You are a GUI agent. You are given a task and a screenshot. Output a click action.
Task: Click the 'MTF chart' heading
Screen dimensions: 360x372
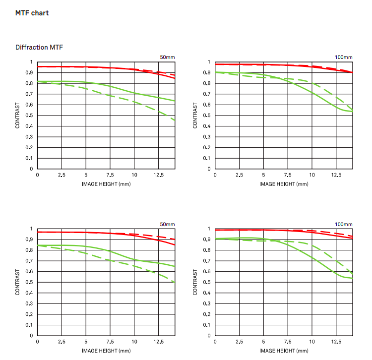32,13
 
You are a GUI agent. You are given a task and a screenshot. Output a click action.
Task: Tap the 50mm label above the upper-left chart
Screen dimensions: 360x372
168,58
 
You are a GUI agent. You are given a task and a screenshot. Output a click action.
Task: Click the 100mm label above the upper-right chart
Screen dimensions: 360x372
344,58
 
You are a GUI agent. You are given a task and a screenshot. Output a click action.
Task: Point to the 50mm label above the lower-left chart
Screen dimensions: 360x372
168,225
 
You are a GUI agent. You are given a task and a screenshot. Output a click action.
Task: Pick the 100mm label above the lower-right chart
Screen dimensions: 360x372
344,225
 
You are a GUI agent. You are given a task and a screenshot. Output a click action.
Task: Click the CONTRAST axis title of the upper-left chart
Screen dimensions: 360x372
18,116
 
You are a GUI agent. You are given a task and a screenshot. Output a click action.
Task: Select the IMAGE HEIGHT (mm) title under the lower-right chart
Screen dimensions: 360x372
284,351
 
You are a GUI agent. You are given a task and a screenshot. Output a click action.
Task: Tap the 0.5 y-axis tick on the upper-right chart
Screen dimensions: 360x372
209,116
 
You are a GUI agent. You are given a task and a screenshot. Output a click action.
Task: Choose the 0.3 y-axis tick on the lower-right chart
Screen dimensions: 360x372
209,303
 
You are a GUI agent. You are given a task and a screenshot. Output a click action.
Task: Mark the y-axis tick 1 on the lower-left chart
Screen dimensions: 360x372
32,229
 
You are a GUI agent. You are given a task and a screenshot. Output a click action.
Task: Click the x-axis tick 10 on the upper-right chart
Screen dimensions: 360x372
312,176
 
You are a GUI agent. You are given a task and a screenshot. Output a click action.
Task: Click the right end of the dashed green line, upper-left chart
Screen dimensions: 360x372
175,120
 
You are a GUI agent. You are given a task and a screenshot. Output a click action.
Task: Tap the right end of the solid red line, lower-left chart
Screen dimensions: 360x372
175,245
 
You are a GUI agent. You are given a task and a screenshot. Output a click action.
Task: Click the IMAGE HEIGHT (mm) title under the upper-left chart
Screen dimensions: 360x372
106,184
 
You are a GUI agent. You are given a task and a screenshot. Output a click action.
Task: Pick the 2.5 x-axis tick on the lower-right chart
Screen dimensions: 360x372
239,342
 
